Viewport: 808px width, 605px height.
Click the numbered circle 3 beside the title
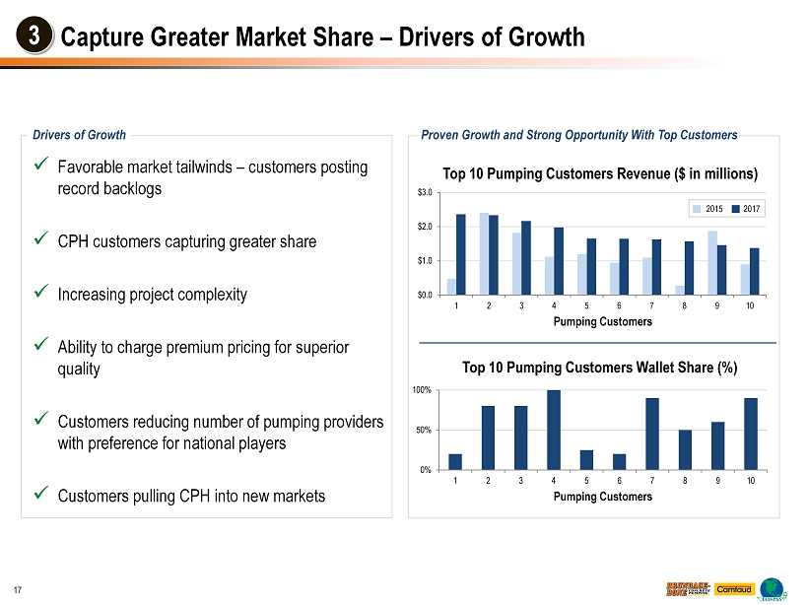(34, 37)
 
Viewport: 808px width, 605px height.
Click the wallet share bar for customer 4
(554, 430)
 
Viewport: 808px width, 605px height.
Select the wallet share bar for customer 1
(455, 461)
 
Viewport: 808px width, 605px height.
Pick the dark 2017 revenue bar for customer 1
(461, 254)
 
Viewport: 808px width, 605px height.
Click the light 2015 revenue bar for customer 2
(484, 253)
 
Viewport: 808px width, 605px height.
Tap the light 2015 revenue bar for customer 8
(680, 290)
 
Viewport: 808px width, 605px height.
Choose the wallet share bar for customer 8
(685, 449)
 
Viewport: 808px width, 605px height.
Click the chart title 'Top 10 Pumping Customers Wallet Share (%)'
(600, 368)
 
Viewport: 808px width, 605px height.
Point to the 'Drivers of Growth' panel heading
(80, 135)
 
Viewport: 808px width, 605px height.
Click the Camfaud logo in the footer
(734, 589)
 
